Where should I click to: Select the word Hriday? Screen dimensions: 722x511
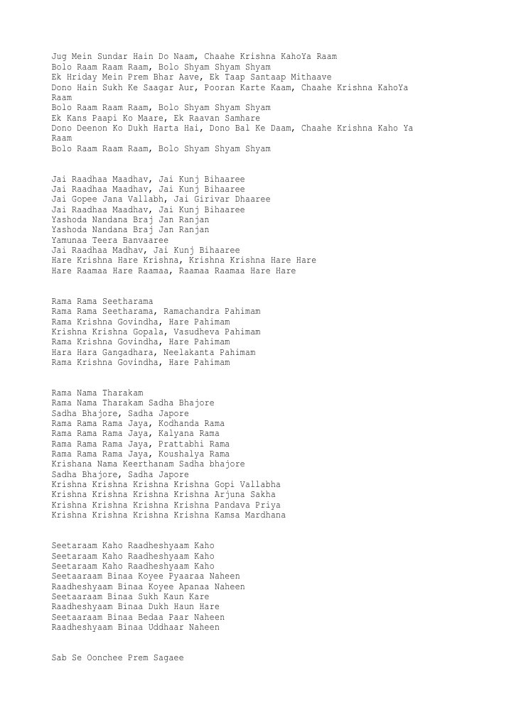click(80, 77)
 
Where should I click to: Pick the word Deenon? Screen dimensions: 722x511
click(92, 128)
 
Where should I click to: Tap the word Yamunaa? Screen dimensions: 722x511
click(70, 241)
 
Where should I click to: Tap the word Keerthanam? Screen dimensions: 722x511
click(154, 464)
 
